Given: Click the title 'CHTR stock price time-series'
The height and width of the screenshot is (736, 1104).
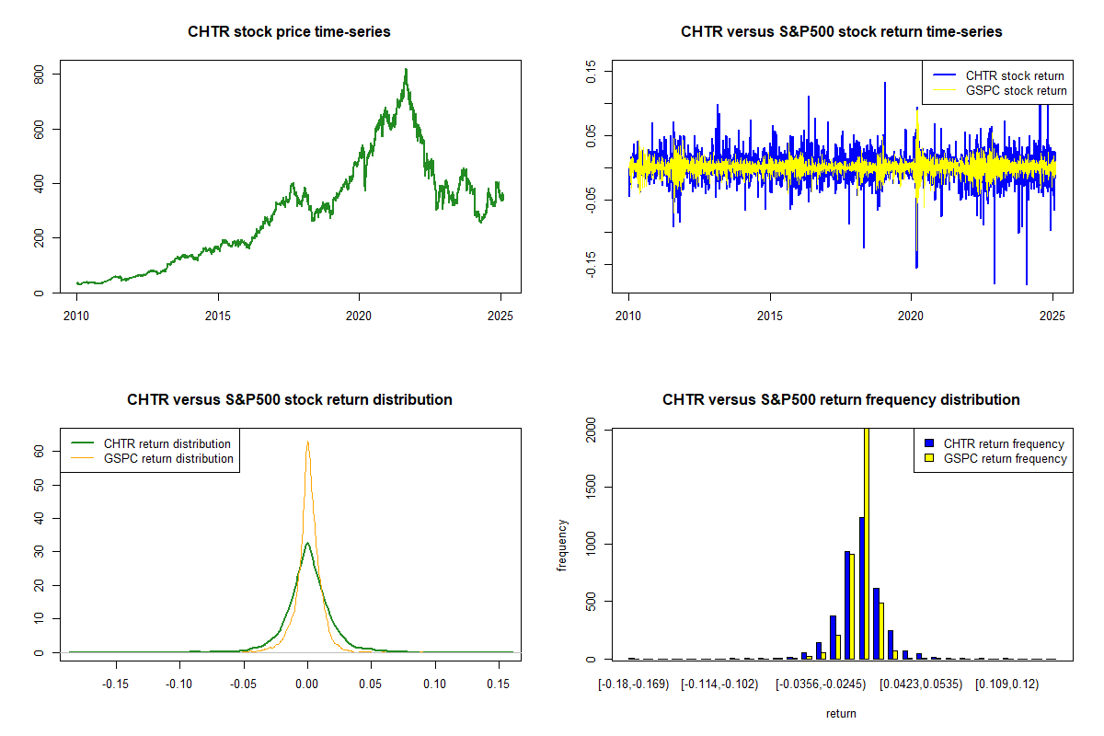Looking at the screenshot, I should (289, 32).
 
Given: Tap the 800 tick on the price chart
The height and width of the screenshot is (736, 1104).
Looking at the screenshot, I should (40, 74).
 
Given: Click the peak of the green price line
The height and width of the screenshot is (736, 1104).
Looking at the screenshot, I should (406, 69).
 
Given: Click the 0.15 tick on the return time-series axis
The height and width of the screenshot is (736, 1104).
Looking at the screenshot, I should (592, 71).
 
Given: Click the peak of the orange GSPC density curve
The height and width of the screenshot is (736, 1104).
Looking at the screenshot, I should (307, 442).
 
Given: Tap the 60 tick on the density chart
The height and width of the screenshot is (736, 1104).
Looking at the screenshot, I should (40, 452).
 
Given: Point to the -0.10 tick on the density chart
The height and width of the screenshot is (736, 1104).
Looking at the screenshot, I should (179, 684).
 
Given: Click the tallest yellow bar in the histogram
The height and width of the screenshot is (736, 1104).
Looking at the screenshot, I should (866, 543).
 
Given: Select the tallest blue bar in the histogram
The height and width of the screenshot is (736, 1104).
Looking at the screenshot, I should (861, 589).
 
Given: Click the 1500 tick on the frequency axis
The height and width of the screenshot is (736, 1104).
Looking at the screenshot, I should (592, 487).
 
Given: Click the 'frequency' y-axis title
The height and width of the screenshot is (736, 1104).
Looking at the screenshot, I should (563, 545).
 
